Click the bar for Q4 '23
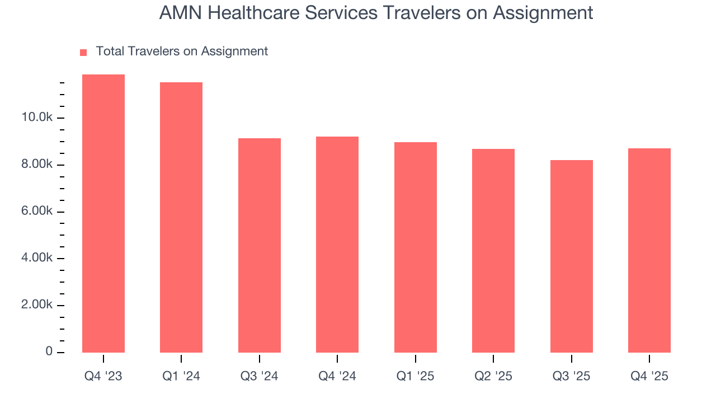click(103, 213)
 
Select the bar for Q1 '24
click(181, 217)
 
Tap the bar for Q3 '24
click(260, 245)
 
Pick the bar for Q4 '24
click(337, 245)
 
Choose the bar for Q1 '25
click(416, 247)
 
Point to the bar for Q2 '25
click(493, 251)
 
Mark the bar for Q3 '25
click(572, 256)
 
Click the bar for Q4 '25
click(649, 250)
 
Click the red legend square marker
click(83, 52)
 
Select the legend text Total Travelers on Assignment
click(182, 51)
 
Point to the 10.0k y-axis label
click(37, 118)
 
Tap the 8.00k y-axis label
click(37, 165)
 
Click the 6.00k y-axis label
click(37, 212)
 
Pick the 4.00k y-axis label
click(37, 259)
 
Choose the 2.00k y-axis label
click(37, 306)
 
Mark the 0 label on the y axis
click(49, 352)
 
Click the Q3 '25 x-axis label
click(572, 377)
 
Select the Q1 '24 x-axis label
click(181, 377)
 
